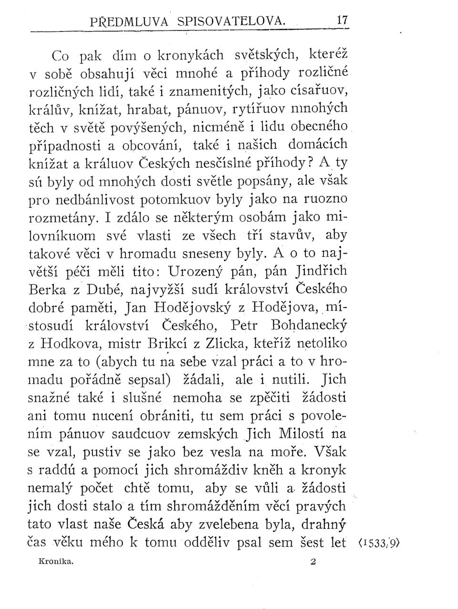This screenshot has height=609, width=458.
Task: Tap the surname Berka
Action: [x=49, y=289]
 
